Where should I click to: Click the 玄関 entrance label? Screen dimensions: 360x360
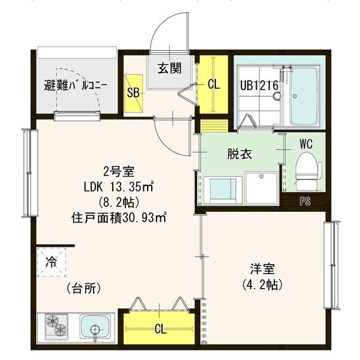coord(170,68)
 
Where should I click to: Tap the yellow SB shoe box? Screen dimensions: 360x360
coord(134,92)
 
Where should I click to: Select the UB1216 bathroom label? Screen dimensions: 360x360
coord(259,86)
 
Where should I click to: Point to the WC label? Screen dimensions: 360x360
coord(305,144)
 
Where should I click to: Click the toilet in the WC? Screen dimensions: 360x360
coord(305,168)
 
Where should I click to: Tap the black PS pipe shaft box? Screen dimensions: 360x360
coord(305,202)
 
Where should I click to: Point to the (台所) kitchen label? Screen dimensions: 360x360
coord(84,289)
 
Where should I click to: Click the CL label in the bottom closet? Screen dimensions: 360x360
coord(160,328)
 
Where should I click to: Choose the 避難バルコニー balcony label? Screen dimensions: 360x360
coord(76,85)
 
